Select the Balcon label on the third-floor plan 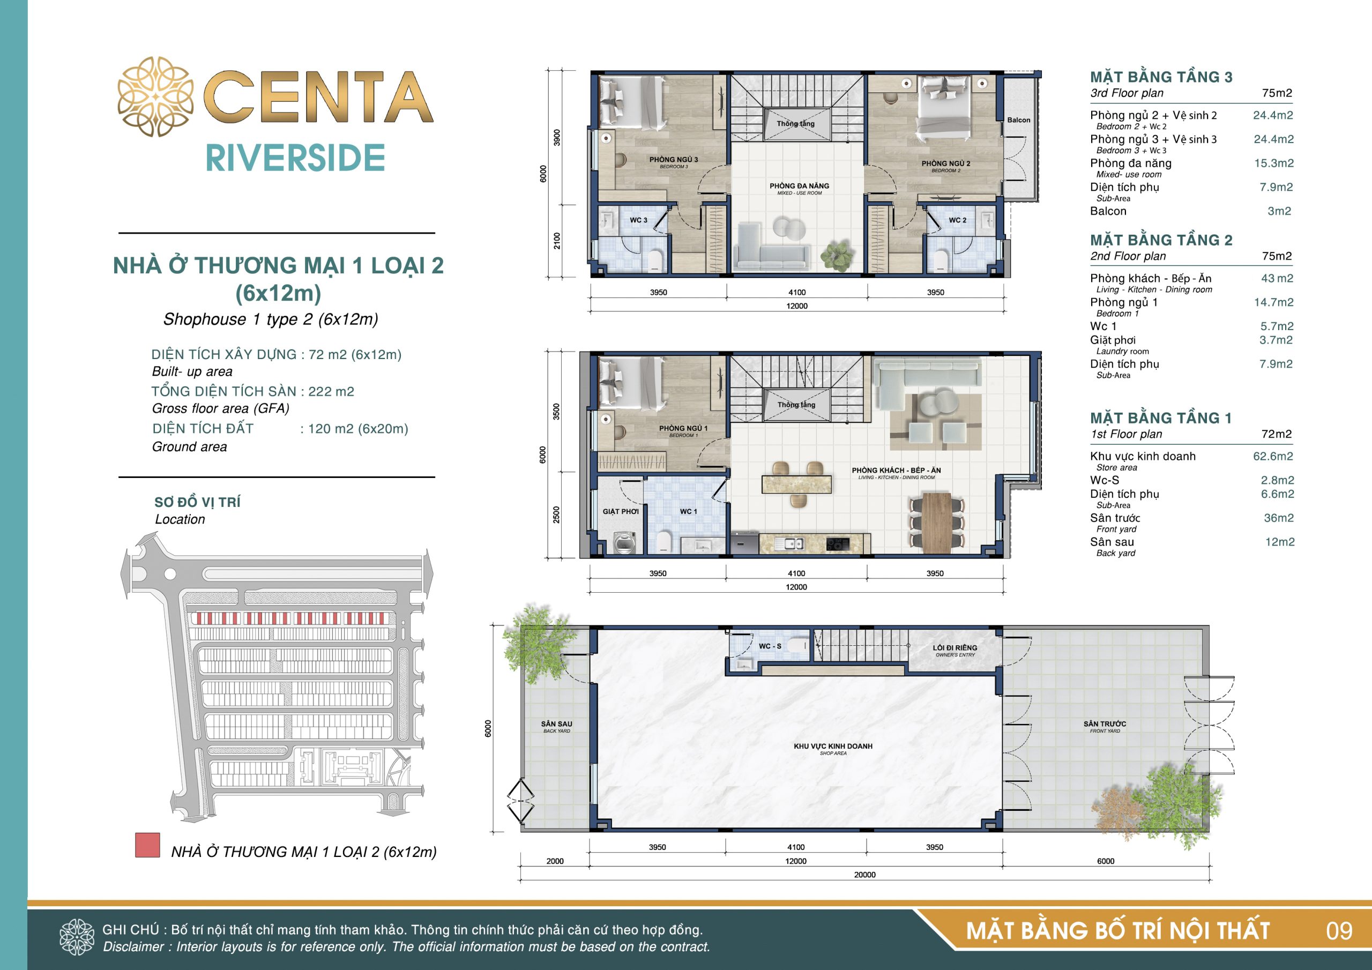1019,120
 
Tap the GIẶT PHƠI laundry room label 620,512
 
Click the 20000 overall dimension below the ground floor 864,875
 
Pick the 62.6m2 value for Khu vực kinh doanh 1273,456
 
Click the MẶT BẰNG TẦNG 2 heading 1161,240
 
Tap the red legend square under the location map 147,845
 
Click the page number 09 1339,930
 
